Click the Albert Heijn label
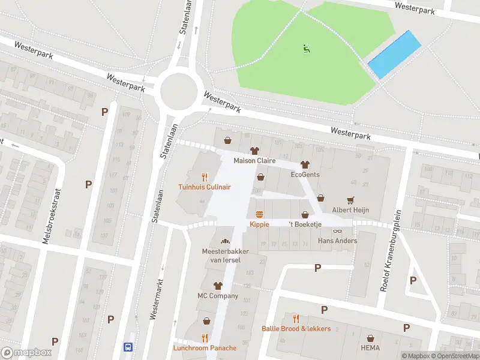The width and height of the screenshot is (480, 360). click(x=350, y=210)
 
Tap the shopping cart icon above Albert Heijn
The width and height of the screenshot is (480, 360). click(x=350, y=200)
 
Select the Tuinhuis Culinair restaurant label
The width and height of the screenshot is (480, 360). click(x=205, y=187)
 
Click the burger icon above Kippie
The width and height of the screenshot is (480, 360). click(x=259, y=214)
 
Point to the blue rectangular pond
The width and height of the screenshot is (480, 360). click(x=394, y=55)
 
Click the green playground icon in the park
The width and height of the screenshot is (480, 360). click(x=307, y=48)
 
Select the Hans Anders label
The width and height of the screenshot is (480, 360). click(x=337, y=241)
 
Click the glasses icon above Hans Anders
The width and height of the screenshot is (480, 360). click(x=337, y=231)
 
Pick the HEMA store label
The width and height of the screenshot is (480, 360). click(x=371, y=348)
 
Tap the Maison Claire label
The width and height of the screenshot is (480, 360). click(x=254, y=161)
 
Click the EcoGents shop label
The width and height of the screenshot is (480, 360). click(x=305, y=175)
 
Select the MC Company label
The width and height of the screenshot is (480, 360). click(x=218, y=296)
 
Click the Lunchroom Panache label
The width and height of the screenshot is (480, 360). click(x=205, y=348)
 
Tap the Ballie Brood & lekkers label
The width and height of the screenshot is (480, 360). click(x=296, y=328)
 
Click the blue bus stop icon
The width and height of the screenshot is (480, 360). click(x=128, y=347)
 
